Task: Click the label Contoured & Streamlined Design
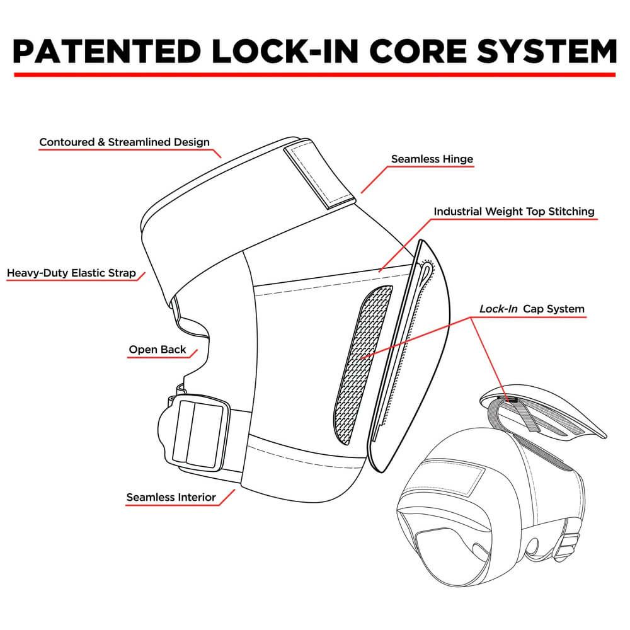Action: click(124, 142)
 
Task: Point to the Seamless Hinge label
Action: click(432, 159)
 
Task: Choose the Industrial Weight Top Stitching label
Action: click(513, 212)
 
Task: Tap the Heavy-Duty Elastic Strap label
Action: click(71, 273)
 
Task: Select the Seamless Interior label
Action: click(171, 497)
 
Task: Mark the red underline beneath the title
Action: click(315, 75)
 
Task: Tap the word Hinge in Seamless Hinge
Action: click(457, 159)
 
